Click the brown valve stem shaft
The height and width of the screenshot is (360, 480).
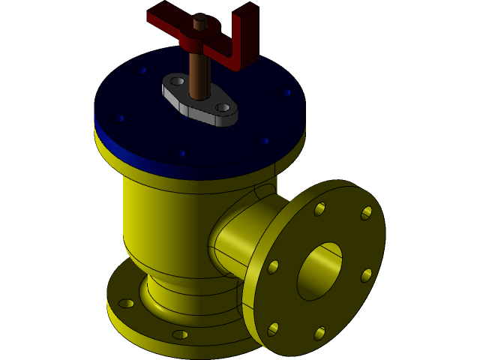coord(199,75)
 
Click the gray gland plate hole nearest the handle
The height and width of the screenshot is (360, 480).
coord(177,81)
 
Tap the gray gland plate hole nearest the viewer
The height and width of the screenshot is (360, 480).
coord(223,108)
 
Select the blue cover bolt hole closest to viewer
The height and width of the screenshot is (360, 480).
coord(182,154)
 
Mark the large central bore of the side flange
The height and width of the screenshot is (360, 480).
coord(319,271)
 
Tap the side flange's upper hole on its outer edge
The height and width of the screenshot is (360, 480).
coord(367,213)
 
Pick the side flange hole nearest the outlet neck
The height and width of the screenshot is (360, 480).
coord(273,267)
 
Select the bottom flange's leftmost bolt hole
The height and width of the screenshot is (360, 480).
coord(126,304)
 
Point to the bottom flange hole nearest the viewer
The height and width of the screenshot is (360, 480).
coord(180,334)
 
